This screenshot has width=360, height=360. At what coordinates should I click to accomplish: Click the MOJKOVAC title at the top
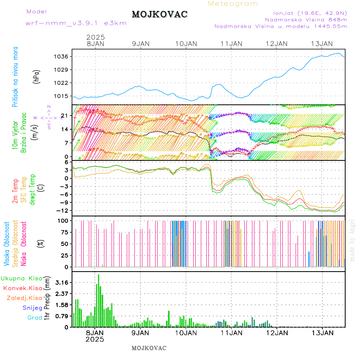click(x=159, y=14)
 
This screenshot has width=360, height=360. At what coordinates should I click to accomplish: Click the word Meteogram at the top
click(x=233, y=4)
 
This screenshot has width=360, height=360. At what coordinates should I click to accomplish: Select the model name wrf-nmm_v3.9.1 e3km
click(x=76, y=23)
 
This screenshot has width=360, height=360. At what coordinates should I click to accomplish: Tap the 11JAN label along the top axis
click(x=231, y=44)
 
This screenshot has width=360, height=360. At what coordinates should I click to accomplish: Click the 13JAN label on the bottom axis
click(x=322, y=333)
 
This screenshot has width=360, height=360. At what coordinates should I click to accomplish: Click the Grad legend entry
click(x=34, y=318)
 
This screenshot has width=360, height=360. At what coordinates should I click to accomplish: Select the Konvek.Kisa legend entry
click(x=22, y=288)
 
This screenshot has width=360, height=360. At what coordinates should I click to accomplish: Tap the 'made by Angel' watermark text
click(x=352, y=240)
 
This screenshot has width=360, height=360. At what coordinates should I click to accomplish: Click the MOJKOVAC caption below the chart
click(x=149, y=348)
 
